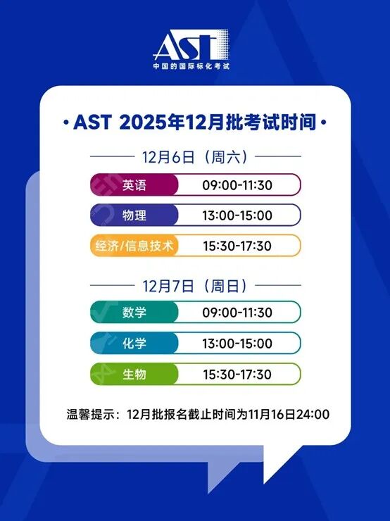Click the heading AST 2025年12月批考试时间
(x=195, y=123)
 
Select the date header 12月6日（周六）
(x=196, y=156)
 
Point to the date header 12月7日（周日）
(x=196, y=286)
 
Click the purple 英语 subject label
(x=134, y=185)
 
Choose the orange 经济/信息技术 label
(x=134, y=246)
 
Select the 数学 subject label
(x=134, y=312)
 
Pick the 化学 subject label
(x=134, y=343)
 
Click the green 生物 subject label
(x=134, y=374)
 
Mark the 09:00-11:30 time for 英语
(x=237, y=185)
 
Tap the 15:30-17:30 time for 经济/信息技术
(x=237, y=246)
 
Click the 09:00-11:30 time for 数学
(x=237, y=312)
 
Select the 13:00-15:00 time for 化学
(x=237, y=343)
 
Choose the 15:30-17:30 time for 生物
(x=237, y=374)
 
